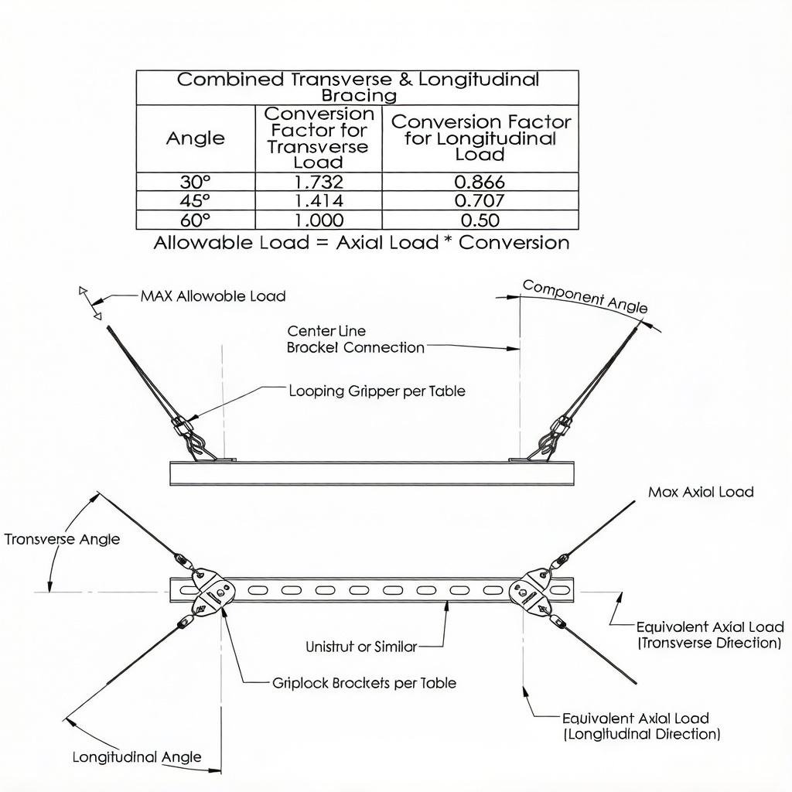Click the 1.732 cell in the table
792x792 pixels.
[319, 182]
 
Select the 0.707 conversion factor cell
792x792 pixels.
[480, 200]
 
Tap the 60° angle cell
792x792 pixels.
[196, 220]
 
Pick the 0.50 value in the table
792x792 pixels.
[480, 220]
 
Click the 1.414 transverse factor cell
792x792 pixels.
[319, 200]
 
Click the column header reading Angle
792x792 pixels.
[196, 138]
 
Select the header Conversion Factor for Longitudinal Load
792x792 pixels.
[480, 138]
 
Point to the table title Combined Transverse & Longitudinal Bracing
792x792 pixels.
[357, 87]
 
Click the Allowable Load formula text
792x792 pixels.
[362, 242]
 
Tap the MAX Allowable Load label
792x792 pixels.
[213, 295]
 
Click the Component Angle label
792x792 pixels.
[585, 296]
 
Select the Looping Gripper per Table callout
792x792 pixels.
[377, 391]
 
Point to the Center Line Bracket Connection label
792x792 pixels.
[356, 340]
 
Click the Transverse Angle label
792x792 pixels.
[62, 539]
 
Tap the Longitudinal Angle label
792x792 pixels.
[137, 757]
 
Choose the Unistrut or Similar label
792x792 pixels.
[362, 647]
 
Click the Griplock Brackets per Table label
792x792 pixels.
[364, 683]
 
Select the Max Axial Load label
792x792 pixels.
[701, 492]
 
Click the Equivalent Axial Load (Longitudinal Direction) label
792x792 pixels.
[641, 725]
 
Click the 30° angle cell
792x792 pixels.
[196, 182]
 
